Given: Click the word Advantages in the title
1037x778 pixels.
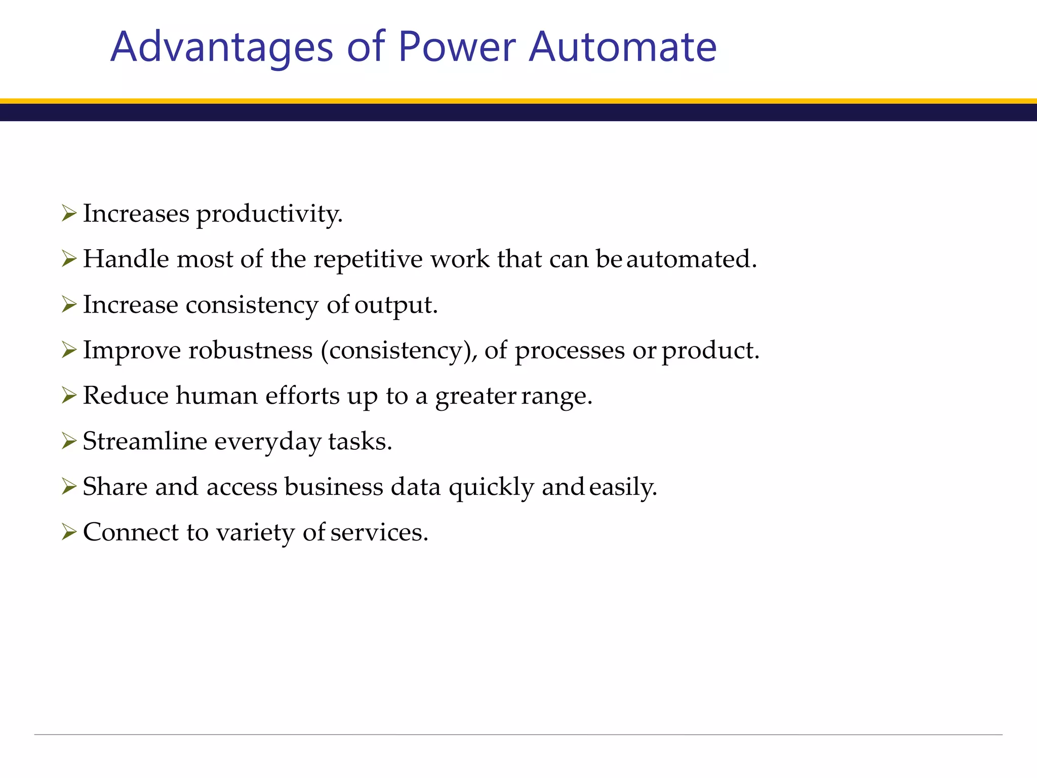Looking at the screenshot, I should coord(222,47).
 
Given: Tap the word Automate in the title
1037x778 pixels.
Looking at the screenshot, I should coord(622,47).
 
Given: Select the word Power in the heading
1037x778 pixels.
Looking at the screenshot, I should coord(457,47).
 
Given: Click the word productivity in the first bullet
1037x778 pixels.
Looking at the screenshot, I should coord(269,214).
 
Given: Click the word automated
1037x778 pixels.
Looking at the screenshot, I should coord(691,259).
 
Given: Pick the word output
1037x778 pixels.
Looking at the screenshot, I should coord(396,305).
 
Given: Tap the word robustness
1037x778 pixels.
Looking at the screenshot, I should coord(251,351).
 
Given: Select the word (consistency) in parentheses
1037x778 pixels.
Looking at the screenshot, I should coord(399,351).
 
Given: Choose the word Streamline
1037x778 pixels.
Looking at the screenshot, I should coord(145,441).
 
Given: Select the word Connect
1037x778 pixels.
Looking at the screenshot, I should coord(131,532).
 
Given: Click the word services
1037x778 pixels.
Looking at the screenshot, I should coord(379,532).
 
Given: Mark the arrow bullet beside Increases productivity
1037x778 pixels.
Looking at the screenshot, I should coord(68,213).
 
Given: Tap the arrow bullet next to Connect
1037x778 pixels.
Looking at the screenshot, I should coord(68,532).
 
